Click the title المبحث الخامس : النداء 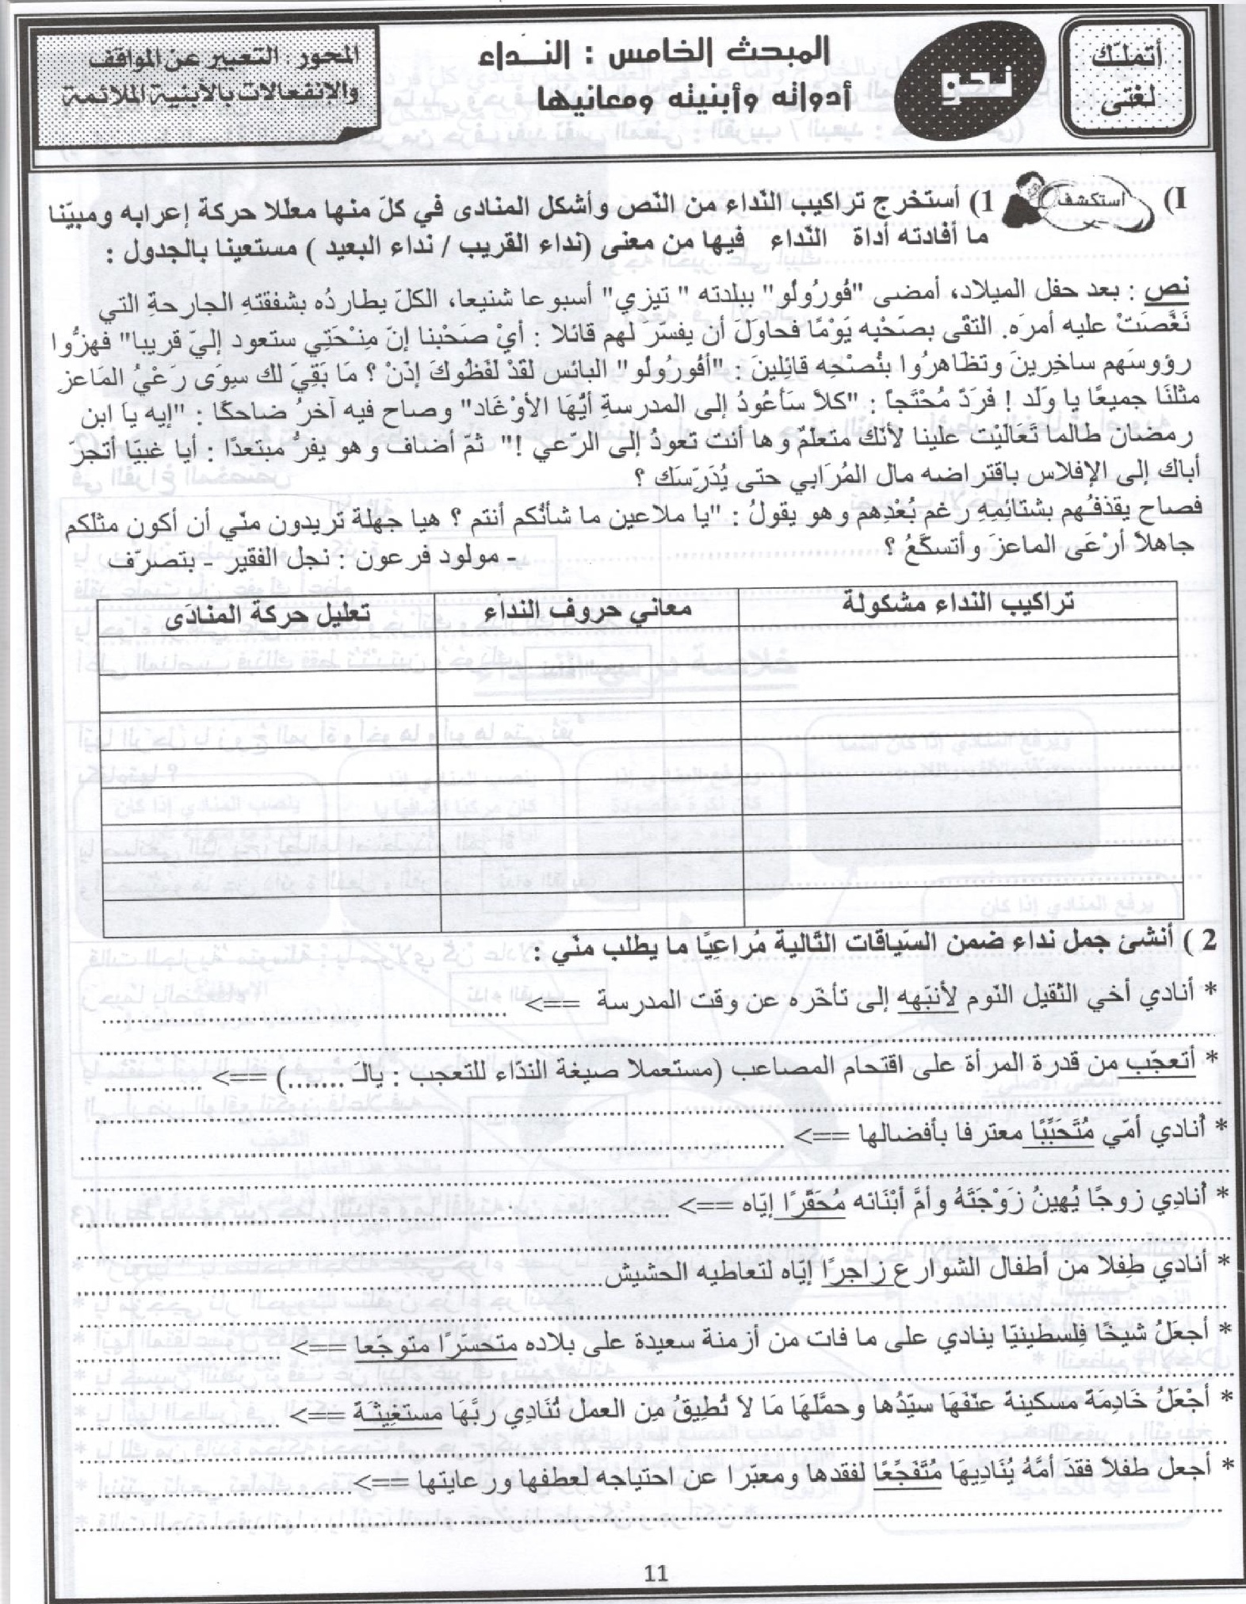pos(654,54)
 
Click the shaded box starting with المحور pos(208,78)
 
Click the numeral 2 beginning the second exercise pos(1207,940)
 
